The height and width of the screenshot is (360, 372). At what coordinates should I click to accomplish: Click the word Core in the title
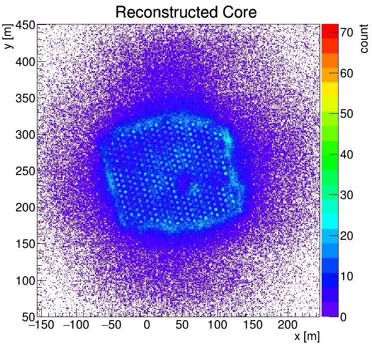click(x=240, y=12)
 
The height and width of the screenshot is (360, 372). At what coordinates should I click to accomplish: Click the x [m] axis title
click(x=307, y=337)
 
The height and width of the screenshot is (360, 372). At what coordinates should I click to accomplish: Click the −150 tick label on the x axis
click(x=39, y=326)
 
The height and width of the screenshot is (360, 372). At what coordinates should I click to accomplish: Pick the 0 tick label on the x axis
click(x=147, y=326)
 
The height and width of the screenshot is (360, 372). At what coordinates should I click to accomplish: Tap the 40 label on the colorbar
click(x=348, y=155)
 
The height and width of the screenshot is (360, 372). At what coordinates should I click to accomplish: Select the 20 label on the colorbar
click(x=348, y=236)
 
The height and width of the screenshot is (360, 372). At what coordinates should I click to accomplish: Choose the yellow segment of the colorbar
click(x=330, y=89)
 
